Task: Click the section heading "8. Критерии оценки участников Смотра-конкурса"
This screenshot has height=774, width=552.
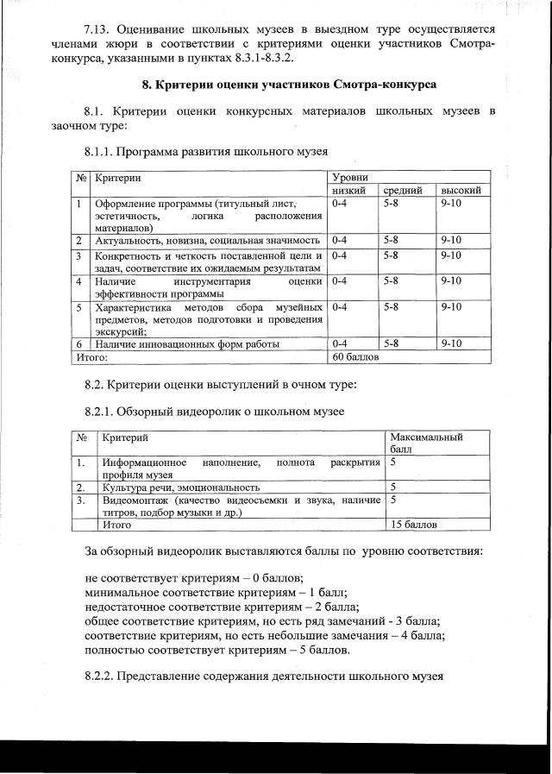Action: tap(289, 85)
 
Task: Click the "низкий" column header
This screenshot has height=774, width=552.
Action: tap(349, 190)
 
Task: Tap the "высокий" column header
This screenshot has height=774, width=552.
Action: tap(461, 190)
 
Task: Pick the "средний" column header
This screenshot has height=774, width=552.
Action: tap(403, 190)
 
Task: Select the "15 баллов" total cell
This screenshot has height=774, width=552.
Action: tap(414, 524)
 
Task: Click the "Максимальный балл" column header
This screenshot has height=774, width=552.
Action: tap(426, 444)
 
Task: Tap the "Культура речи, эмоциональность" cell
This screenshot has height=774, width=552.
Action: tap(181, 488)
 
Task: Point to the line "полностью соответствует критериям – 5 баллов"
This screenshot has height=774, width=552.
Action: tap(217, 651)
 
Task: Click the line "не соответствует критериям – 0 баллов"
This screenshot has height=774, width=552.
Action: tap(194, 577)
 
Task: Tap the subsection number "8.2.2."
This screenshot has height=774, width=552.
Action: tap(99, 676)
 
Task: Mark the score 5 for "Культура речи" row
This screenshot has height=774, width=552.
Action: tap(393, 488)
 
